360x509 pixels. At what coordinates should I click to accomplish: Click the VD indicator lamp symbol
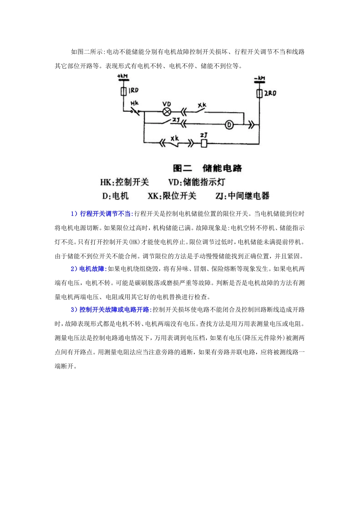166,112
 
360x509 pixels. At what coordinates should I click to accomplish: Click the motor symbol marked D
229,124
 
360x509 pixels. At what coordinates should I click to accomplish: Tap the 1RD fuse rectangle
123,91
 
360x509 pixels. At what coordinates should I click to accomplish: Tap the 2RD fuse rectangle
259,93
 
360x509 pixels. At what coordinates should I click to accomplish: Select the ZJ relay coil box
203,144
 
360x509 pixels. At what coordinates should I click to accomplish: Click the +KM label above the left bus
123,77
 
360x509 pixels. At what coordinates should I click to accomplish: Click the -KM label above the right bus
259,78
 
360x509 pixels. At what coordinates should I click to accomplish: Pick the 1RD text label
133,91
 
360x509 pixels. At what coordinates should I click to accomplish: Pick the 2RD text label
270,93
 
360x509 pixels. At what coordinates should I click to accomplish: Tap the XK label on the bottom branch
174,138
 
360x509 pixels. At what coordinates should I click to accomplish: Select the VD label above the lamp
166,104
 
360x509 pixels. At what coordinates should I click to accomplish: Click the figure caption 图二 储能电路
207,168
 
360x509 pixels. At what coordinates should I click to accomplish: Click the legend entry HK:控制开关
124,182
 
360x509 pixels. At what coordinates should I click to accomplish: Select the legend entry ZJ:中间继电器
242,196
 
